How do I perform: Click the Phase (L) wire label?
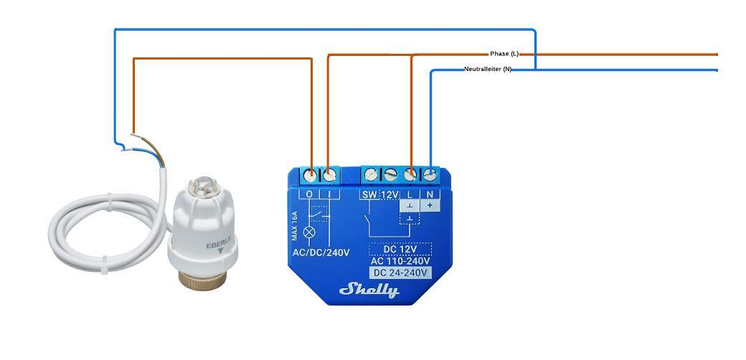(504, 54)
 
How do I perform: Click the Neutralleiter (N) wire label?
(488, 70)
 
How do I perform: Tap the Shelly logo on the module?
(369, 290)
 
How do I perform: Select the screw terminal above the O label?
(311, 174)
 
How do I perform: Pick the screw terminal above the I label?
(329, 174)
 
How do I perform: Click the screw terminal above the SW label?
(371, 174)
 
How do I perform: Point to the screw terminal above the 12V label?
(390, 174)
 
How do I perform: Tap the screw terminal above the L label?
(411, 174)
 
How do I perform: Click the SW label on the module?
(369, 194)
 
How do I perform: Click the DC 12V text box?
(400, 250)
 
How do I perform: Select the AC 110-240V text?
(400, 261)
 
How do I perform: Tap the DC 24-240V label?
(400, 273)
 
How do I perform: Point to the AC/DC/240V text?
(321, 252)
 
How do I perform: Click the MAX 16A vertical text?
(295, 227)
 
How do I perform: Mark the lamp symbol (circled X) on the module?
(310, 232)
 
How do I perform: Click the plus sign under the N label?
(430, 205)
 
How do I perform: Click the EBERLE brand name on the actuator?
(218, 245)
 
